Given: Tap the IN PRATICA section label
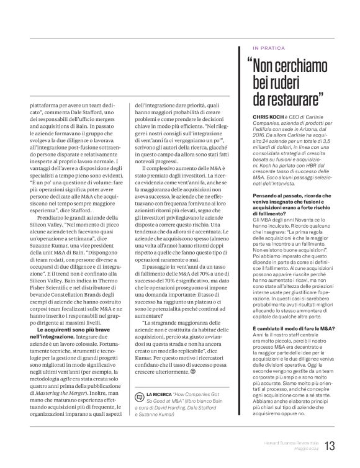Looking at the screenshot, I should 269,47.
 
